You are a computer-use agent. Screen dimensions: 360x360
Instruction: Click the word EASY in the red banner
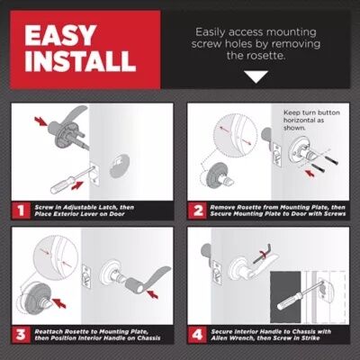[60, 35]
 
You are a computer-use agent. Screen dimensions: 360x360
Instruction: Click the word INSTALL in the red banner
[80, 61]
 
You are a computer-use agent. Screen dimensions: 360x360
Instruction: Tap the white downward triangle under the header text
[256, 76]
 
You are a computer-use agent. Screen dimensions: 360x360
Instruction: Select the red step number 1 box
[21, 211]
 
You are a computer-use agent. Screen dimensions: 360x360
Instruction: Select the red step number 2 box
[197, 211]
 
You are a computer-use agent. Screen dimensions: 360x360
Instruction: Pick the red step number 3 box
[21, 334]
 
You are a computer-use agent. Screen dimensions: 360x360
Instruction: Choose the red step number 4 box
[197, 334]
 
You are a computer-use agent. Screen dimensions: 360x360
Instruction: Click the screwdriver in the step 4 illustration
[300, 295]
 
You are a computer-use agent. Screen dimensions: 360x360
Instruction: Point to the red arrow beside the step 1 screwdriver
[76, 185]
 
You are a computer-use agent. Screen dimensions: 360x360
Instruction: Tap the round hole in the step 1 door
[120, 166]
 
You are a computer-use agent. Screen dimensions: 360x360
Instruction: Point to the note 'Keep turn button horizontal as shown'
[311, 120]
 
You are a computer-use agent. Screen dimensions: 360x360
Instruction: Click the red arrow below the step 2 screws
[310, 172]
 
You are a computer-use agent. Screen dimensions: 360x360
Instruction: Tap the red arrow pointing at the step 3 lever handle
[153, 294]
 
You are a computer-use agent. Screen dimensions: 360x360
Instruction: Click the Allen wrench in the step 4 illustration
[263, 254]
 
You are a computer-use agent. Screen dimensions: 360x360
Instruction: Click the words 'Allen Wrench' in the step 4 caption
[230, 338]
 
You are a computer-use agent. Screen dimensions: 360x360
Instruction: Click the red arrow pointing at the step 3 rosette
[58, 303]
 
